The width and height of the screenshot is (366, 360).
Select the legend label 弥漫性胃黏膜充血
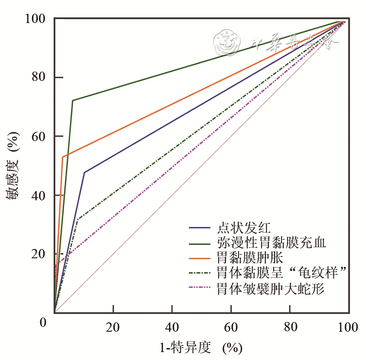click(x=272, y=243)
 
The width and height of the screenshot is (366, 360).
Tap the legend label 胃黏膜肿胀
click(x=250, y=257)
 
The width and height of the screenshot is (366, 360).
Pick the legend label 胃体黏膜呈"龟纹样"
click(x=281, y=272)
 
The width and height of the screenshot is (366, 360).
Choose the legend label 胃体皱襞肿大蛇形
click(x=271, y=289)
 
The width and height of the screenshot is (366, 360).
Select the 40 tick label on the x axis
click(x=172, y=327)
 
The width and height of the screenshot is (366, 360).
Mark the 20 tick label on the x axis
click(x=113, y=327)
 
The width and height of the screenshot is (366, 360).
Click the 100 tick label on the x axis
click(x=348, y=327)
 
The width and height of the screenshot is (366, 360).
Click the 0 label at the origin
click(x=42, y=322)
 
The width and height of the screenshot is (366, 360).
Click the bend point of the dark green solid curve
click(x=73, y=100)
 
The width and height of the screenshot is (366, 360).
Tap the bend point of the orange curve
click(x=62, y=157)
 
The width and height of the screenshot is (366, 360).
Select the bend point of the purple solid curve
click(x=84, y=172)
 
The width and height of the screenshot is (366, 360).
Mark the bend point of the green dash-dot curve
click(x=78, y=219)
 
